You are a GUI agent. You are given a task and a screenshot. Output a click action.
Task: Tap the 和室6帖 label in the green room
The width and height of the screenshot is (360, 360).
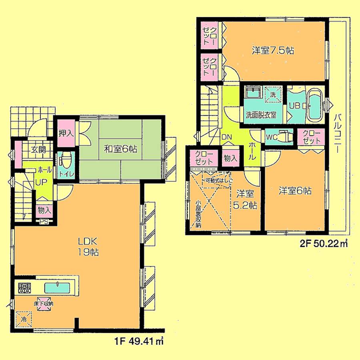pos(121,149)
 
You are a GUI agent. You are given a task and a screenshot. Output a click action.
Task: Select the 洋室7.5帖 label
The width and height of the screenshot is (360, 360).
pos(273,51)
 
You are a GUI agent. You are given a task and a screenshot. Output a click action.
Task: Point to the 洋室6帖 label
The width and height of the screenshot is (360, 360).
pos(295,191)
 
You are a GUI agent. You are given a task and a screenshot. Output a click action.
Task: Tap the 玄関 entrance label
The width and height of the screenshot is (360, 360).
pos(39,150)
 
